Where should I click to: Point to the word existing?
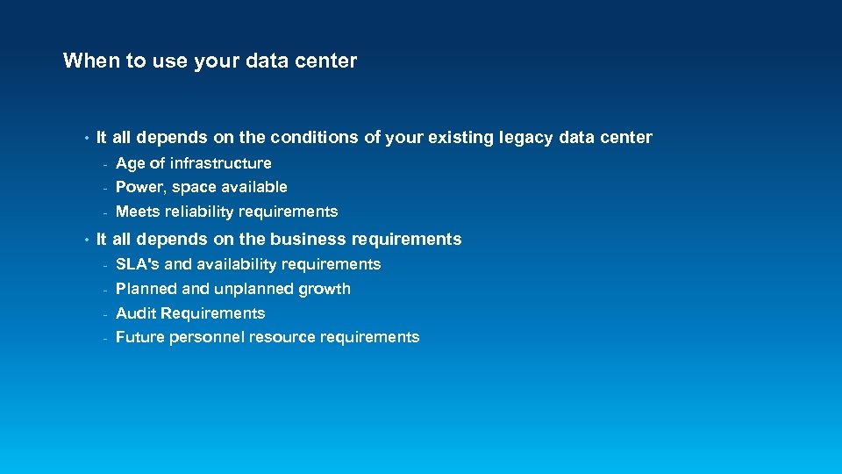456,138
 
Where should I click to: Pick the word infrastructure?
221,163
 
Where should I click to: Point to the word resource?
282,337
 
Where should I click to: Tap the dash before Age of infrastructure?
104,164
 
